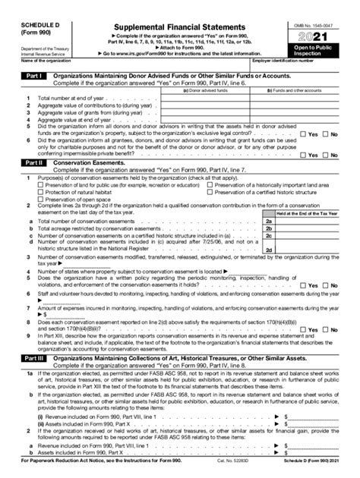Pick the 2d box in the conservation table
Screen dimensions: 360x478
(268, 244)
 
